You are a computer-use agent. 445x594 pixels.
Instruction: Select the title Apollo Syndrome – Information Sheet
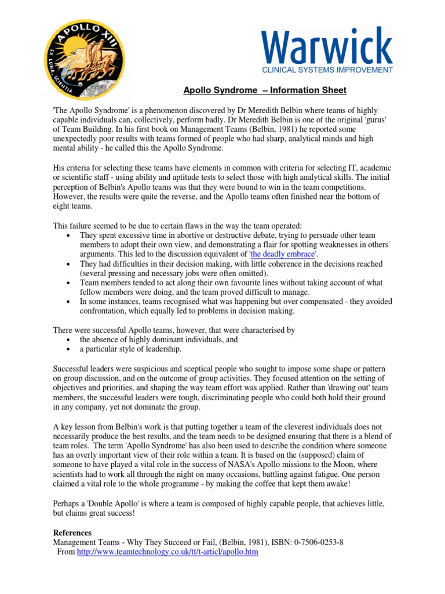coord(265,90)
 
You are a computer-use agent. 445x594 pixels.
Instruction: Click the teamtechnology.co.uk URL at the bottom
coord(167,552)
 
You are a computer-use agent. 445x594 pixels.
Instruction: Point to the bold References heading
coord(72,533)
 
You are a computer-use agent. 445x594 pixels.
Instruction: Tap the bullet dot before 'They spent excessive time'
coord(70,236)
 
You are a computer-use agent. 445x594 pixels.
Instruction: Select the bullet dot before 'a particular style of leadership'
coord(70,349)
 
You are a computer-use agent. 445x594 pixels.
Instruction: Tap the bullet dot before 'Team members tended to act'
coord(70,283)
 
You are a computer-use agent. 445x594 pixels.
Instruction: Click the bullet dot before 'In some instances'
coord(70,302)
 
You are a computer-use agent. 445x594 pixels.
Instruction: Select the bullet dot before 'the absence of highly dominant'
coord(70,340)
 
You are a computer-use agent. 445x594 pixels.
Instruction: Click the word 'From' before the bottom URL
coord(66,552)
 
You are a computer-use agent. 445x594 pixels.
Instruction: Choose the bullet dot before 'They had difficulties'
coord(70,264)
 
